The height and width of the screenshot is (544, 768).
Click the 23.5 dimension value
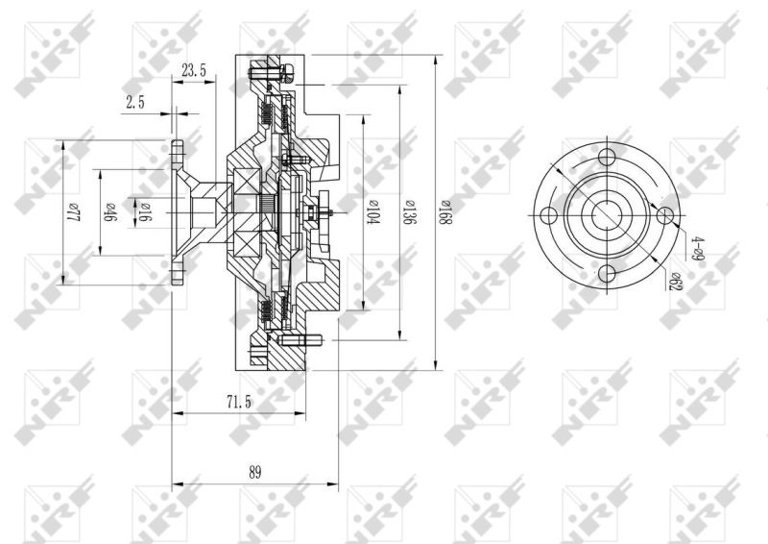[x=194, y=70]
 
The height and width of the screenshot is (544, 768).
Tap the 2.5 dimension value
[x=135, y=103]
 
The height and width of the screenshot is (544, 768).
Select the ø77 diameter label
[x=73, y=212]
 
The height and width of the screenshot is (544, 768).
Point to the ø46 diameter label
[x=108, y=212]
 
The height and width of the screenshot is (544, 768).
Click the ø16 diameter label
[x=144, y=212]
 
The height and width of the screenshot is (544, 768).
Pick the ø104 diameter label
[x=373, y=211]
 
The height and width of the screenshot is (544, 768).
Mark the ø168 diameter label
[x=444, y=211]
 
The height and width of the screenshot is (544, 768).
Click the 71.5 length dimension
[x=238, y=403]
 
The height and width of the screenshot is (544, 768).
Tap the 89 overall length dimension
[x=254, y=473]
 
